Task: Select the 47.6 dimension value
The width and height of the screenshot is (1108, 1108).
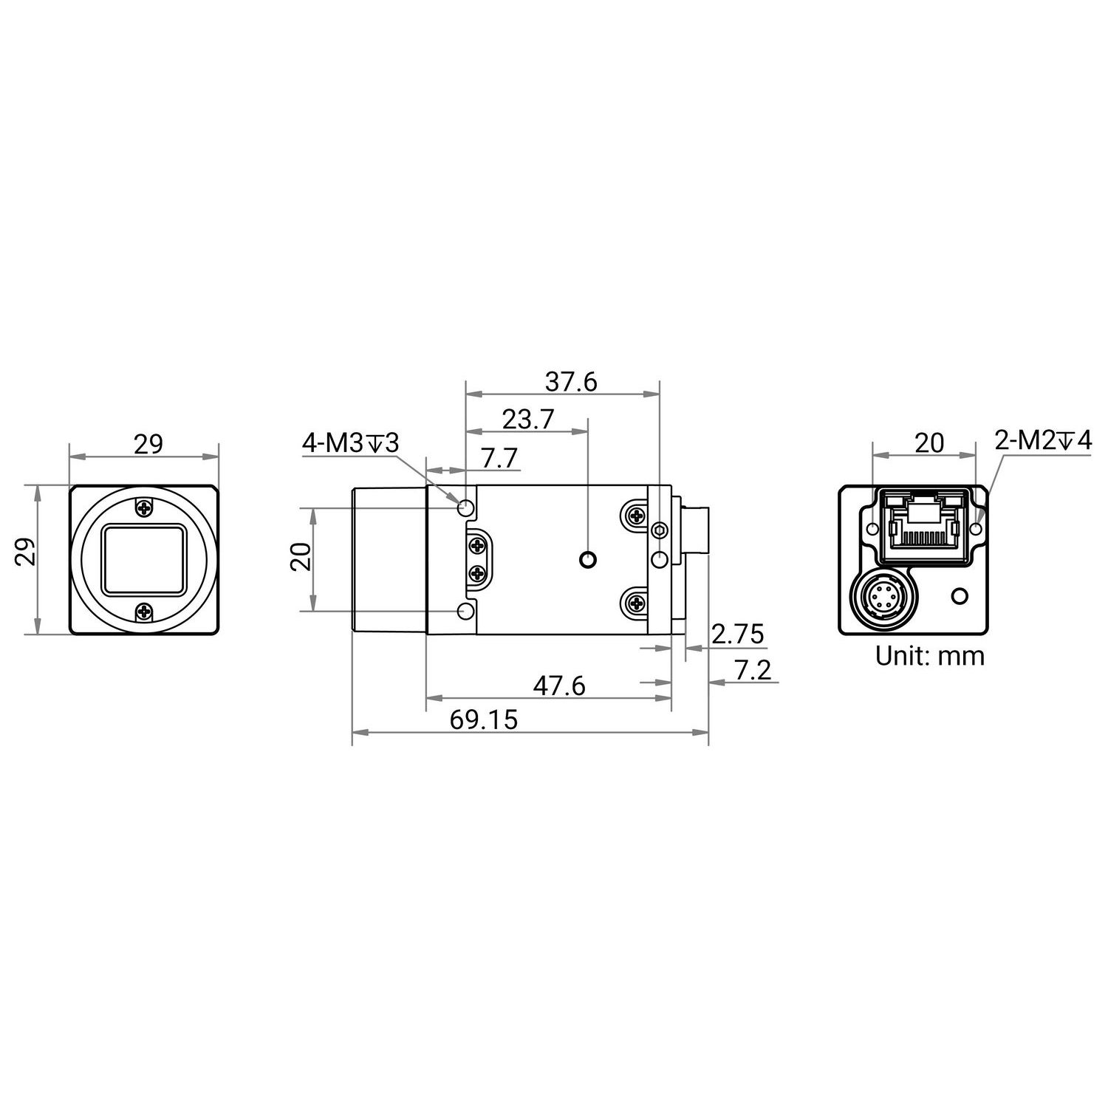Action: click(x=559, y=686)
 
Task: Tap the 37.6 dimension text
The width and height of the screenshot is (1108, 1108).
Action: click(x=571, y=382)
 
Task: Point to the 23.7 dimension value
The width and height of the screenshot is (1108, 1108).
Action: click(x=528, y=420)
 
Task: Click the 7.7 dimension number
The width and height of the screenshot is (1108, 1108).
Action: click(x=500, y=458)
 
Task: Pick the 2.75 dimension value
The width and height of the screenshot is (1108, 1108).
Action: click(x=737, y=634)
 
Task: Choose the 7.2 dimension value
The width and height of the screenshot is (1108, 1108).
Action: click(x=753, y=671)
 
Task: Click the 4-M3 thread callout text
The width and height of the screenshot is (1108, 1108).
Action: click(x=350, y=444)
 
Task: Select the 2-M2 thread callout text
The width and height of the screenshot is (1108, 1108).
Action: click(x=1042, y=441)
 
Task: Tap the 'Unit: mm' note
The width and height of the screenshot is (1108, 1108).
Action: click(x=930, y=655)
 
